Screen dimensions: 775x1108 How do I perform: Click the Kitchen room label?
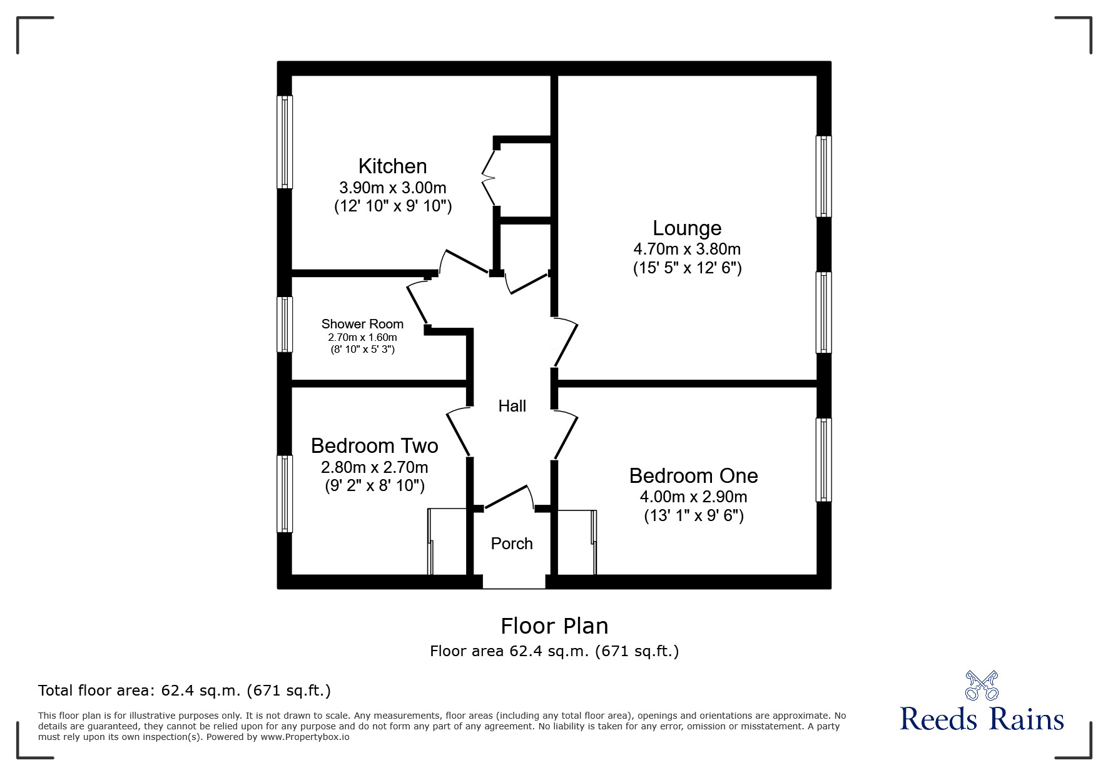coord(392,166)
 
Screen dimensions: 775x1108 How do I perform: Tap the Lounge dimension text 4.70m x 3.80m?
coord(686,249)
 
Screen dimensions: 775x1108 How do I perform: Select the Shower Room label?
coord(362,324)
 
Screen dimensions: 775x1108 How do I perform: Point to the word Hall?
coord(512,406)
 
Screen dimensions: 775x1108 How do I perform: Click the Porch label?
coord(511,544)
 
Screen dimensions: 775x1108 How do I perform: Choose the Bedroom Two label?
coord(374,446)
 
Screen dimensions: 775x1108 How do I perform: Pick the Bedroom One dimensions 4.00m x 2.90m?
coord(693,497)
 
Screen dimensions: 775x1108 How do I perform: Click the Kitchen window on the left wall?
coord(285,142)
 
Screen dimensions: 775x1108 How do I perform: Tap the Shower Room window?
coord(285,324)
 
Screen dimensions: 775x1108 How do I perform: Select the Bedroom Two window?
coord(285,494)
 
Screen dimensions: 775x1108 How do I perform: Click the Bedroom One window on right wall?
coord(823,460)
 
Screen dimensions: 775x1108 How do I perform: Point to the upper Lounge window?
coord(823,176)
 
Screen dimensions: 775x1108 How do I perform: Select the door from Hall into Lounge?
coord(566,343)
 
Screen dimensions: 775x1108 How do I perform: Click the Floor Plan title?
coord(554,626)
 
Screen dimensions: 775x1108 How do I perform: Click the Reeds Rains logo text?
coord(982,719)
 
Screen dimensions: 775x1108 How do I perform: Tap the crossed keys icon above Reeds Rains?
coord(982,685)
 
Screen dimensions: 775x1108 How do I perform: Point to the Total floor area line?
coord(184,691)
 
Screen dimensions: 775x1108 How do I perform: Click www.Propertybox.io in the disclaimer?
coord(305,737)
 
